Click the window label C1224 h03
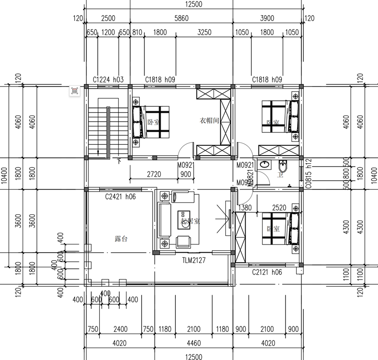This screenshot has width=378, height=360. [x=108, y=80]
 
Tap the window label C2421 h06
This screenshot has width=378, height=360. [x=120, y=196]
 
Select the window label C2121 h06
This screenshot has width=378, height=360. [x=267, y=272]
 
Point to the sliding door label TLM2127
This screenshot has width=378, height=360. [x=194, y=260]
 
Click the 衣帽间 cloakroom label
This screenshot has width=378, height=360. [x=209, y=121]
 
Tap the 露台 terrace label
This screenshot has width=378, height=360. [x=121, y=239]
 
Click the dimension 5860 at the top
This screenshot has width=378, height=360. [x=181, y=18]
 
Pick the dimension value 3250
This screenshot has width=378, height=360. [x=204, y=33]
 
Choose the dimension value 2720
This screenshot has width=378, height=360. [x=154, y=174]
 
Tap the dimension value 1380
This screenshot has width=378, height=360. [x=245, y=207]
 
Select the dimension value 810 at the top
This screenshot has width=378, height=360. [x=137, y=33]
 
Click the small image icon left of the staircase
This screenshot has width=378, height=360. [x=75, y=91]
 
